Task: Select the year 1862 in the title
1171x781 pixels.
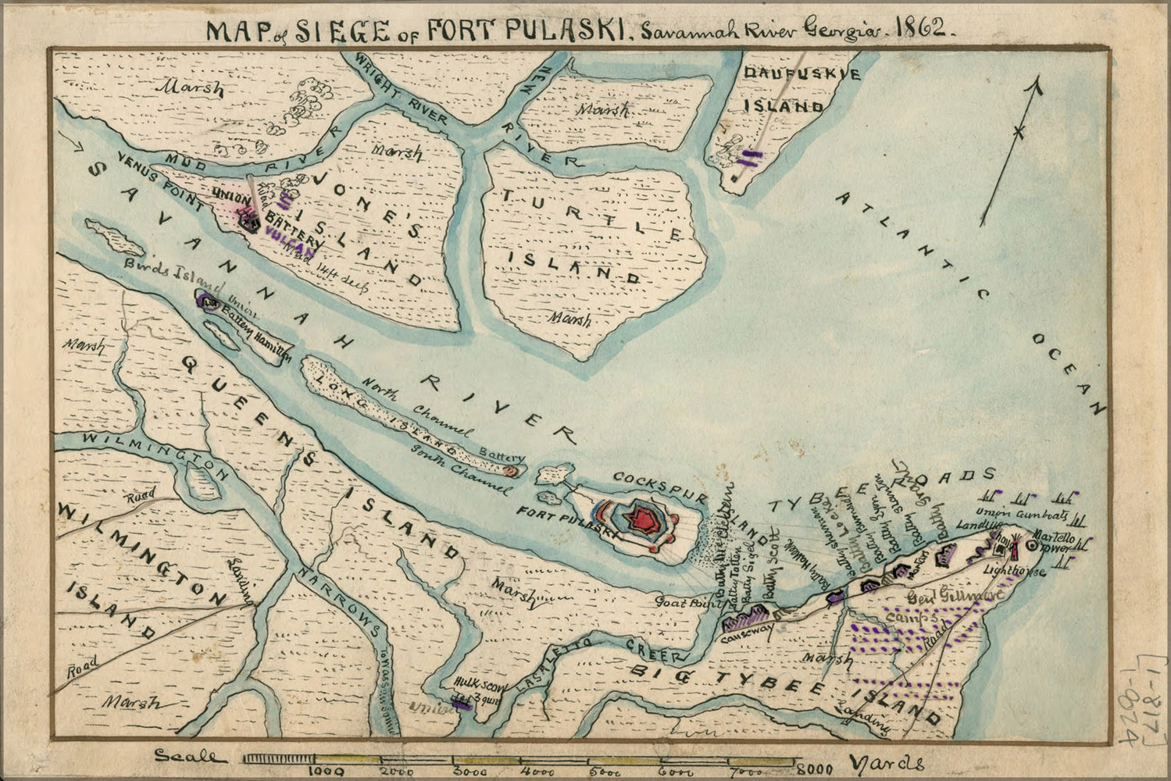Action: point(924,29)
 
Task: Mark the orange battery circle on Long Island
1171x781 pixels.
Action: point(511,471)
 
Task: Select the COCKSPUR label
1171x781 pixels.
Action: point(649,477)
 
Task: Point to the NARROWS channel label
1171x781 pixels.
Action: point(341,601)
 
